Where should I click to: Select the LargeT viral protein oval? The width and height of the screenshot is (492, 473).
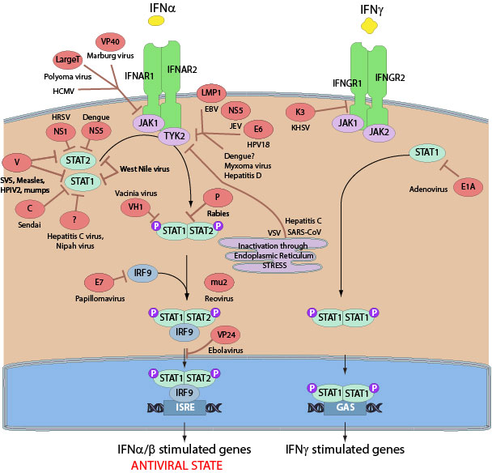(x=68, y=60)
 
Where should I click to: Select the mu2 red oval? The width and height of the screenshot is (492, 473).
(x=217, y=282)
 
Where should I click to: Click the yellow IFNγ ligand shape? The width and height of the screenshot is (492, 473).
(x=371, y=25)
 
